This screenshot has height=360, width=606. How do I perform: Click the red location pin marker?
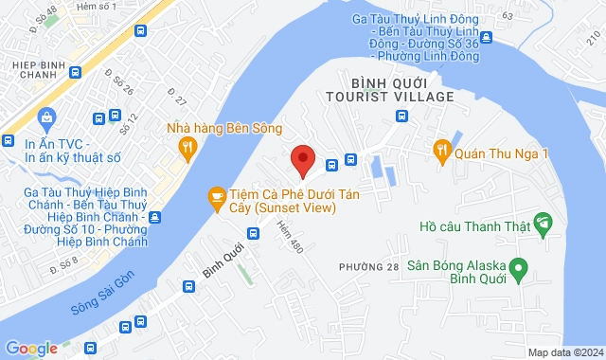click(x=302, y=160)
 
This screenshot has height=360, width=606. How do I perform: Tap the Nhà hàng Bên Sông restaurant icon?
click(x=187, y=146)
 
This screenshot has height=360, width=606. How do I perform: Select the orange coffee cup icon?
click(x=216, y=197)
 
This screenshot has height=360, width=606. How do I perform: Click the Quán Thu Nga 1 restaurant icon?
click(x=441, y=149)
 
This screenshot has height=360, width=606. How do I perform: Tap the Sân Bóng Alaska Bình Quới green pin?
click(x=518, y=270)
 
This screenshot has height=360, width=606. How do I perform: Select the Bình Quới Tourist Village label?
click(x=389, y=89)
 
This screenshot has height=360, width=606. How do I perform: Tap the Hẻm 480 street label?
click(x=287, y=237)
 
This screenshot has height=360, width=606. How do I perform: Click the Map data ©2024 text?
click(x=563, y=352)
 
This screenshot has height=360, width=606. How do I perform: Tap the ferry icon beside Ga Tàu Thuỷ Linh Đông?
click(x=486, y=38)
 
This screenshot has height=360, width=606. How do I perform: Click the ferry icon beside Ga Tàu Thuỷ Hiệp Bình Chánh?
click(x=154, y=217)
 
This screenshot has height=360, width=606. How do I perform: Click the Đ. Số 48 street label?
click(x=44, y=17)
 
